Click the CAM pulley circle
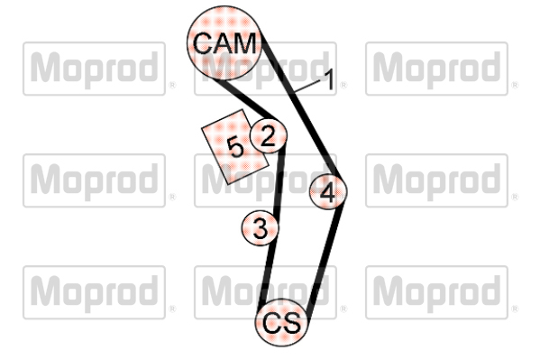tap(224, 42)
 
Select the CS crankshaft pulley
tap(281, 322)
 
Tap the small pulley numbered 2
tap(268, 135)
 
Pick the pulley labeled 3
tap(260, 228)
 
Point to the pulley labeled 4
tap(328, 191)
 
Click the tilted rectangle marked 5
tap(235, 146)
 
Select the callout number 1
tap(329, 79)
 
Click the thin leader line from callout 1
tap(307, 87)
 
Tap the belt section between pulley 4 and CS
tap(325, 259)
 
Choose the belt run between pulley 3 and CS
tap(267, 272)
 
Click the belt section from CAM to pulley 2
tap(244, 98)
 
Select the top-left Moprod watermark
tap(94, 69)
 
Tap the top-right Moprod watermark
tap(436, 69)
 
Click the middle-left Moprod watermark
tap(94, 180)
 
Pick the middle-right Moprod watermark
tap(436, 180)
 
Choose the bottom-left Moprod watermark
tap(94, 292)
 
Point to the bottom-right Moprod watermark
tap(436, 292)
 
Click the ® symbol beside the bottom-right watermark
tap(515, 309)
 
